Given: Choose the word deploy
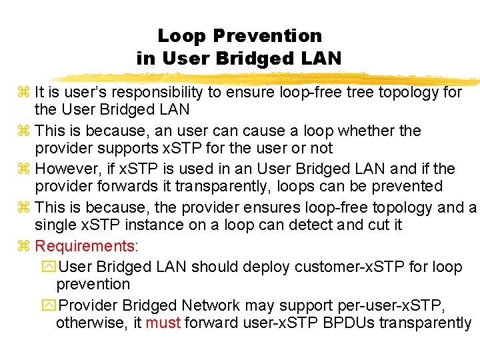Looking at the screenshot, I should (x=273, y=267).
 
